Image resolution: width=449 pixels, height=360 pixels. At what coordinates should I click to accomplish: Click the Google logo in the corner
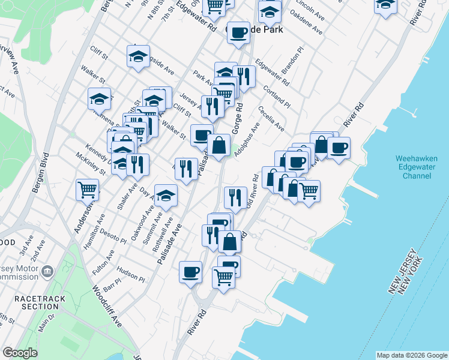tap(20, 353)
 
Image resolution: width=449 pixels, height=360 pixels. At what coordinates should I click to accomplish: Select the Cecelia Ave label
tap(271, 119)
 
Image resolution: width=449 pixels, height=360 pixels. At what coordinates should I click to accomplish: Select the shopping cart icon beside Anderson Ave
tap(88, 190)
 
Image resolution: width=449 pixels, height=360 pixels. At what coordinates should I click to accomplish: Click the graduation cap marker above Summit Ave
tap(166, 194)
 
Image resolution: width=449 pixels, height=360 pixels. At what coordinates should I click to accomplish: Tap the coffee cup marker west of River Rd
tap(190, 271)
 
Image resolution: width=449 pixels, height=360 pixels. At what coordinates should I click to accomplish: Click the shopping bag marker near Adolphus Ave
tap(219, 145)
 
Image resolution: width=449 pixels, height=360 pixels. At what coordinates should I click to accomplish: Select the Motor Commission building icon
tap(46, 273)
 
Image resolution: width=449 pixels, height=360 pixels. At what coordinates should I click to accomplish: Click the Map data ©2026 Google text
tap(412, 355)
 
